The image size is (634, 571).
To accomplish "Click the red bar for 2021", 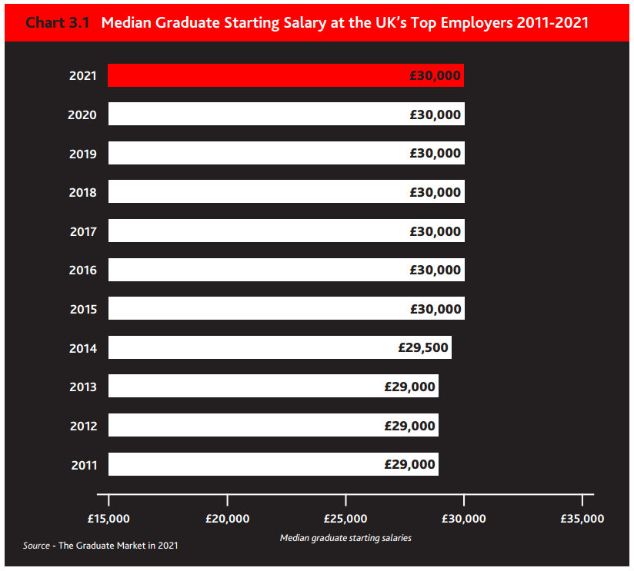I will coord(285,75).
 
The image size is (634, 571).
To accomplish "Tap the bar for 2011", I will coord(272,464).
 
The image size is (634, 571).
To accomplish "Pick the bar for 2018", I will coord(285,192).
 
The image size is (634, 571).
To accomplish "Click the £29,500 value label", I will coord(423,347).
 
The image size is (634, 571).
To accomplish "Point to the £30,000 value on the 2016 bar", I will coord(435,270).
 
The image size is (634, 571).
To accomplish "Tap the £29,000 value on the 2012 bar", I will coord(410,426).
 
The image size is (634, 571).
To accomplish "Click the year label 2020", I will coord(82,115).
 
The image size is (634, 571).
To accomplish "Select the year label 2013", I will coord(83,387).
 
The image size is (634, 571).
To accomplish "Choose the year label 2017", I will coord(83,231).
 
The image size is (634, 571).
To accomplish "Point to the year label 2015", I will coord(83,309).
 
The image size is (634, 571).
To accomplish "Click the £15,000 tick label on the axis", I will coord(109,518).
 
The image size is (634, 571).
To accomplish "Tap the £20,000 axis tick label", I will coord(228,518).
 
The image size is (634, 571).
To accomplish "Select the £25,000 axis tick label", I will coord(345,518).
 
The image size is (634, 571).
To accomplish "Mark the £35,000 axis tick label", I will coord(582,518).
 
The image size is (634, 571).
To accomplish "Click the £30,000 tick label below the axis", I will coord(464,518).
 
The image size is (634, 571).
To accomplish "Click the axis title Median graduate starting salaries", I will coord(345,538).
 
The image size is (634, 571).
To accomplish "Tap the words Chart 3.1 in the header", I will coord(58,22).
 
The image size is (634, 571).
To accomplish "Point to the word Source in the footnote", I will coord(36,546).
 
